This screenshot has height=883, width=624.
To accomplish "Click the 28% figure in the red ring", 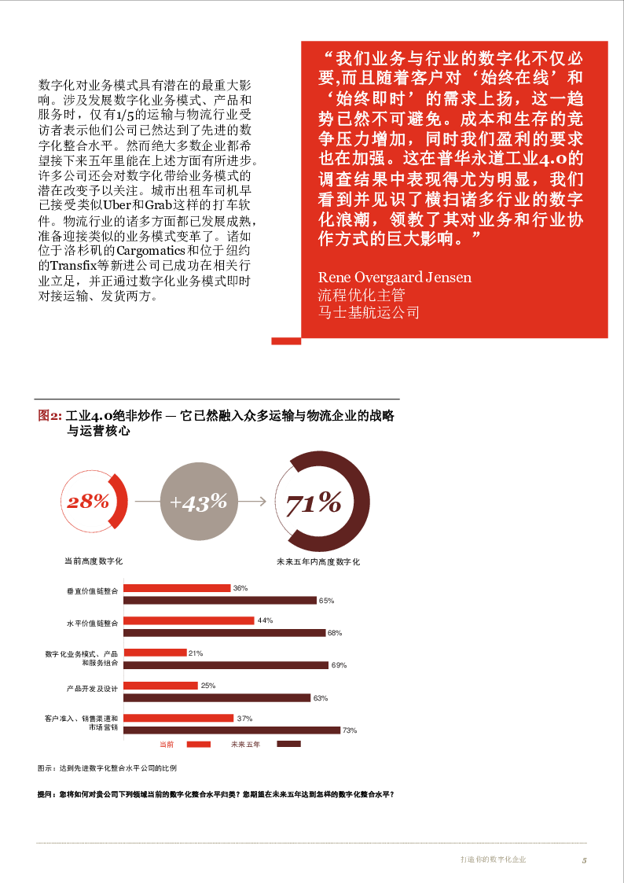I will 87,502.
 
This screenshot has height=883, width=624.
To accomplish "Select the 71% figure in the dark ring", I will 313,503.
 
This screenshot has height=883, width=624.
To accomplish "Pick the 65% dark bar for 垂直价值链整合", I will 221,600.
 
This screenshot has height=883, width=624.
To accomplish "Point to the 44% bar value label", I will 265,620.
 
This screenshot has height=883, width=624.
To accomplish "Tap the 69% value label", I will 339,665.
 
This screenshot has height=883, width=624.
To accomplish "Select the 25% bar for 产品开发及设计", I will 161,686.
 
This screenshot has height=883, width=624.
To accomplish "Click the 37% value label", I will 244,718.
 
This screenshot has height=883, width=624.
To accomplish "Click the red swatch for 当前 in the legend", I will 198,744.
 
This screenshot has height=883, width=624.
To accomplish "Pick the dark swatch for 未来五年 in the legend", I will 288,744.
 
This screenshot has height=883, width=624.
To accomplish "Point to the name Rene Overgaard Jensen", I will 395,278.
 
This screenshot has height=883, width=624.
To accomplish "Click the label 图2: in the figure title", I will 50,416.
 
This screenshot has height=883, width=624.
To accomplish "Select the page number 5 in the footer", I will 584,859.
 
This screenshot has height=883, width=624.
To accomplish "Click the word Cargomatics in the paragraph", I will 150,251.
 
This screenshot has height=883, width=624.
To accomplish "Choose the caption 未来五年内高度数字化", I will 318,562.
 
